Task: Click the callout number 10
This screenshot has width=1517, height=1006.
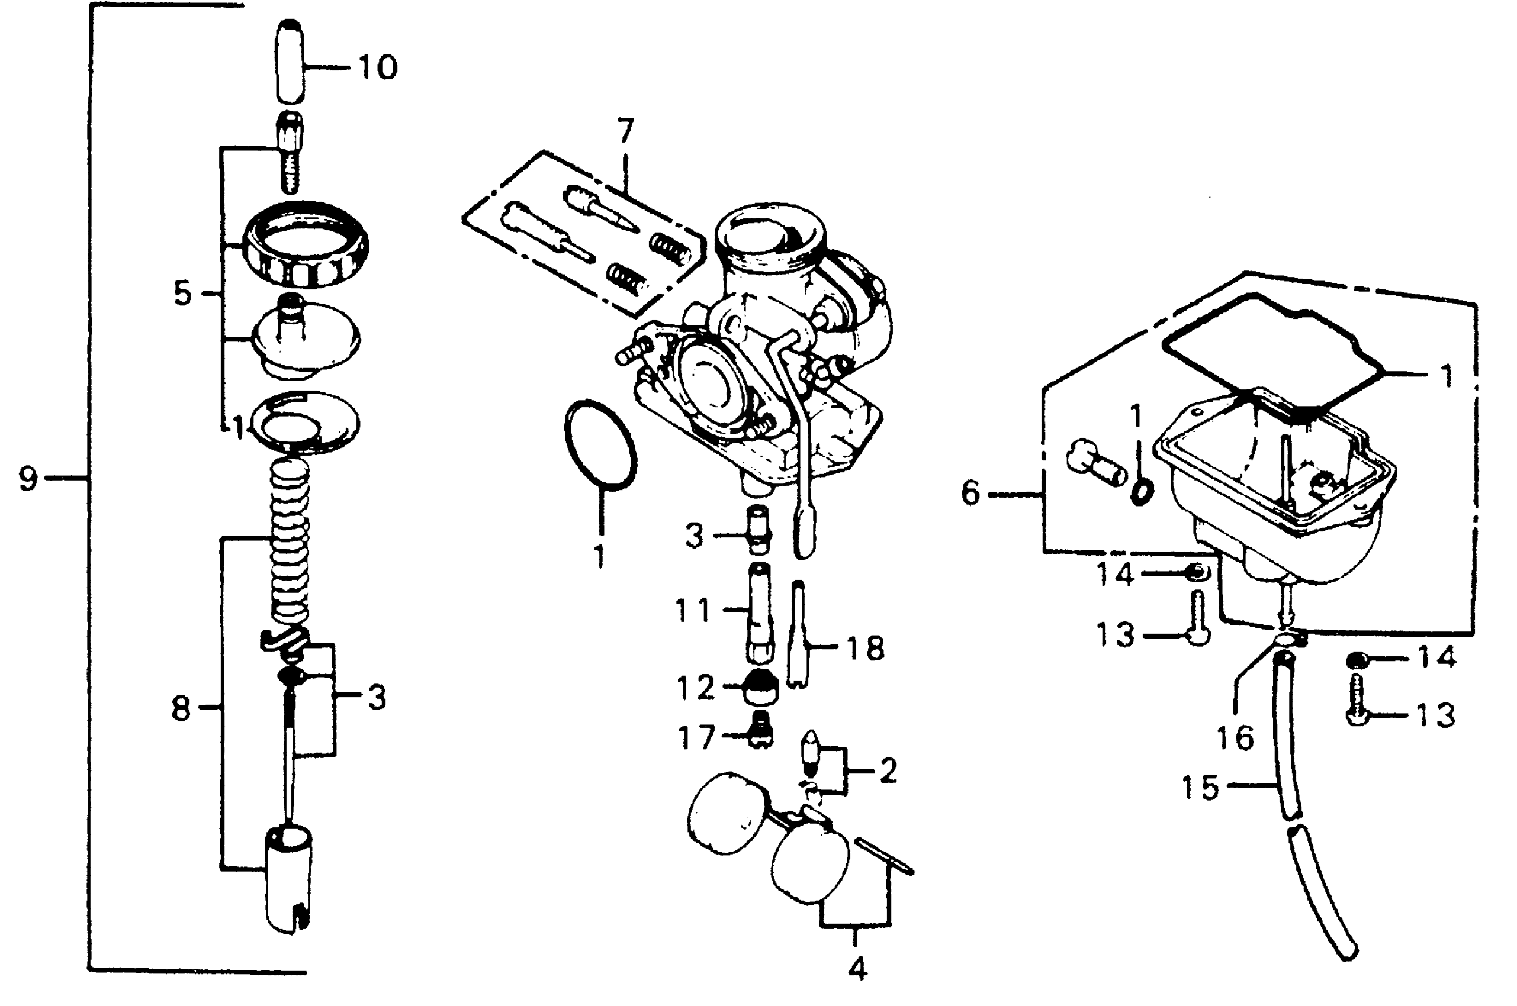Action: [378, 67]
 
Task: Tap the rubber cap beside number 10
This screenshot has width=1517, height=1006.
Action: [290, 61]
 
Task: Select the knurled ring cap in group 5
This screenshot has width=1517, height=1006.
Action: [306, 245]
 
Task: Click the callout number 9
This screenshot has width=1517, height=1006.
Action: [28, 478]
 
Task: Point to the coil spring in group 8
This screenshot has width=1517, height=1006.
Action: [289, 539]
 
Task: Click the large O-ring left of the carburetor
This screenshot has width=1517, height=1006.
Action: [600, 444]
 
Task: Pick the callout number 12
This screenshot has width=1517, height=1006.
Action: [695, 688]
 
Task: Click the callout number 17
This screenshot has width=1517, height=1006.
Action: [696, 738]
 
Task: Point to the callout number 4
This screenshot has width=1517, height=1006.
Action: [857, 968]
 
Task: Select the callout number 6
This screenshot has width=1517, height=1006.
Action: [970, 493]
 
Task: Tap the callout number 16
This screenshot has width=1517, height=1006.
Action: [1235, 738]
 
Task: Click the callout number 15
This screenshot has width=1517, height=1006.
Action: [1200, 787]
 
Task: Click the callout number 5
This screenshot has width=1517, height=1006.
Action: [183, 294]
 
